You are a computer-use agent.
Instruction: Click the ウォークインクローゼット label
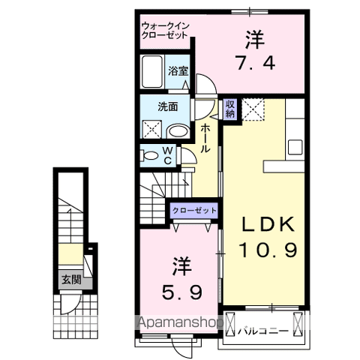click(166, 31)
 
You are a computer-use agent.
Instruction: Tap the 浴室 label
click(177, 71)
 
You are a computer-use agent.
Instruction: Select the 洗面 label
click(166, 106)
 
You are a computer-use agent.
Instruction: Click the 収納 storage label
click(229, 109)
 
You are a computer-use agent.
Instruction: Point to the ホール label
click(205, 139)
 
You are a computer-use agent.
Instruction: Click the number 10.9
click(268, 248)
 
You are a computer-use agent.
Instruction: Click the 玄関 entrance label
click(71, 281)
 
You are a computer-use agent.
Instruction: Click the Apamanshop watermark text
click(180, 324)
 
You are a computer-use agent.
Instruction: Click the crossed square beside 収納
click(252, 110)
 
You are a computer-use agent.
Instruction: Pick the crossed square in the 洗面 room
click(151, 127)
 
